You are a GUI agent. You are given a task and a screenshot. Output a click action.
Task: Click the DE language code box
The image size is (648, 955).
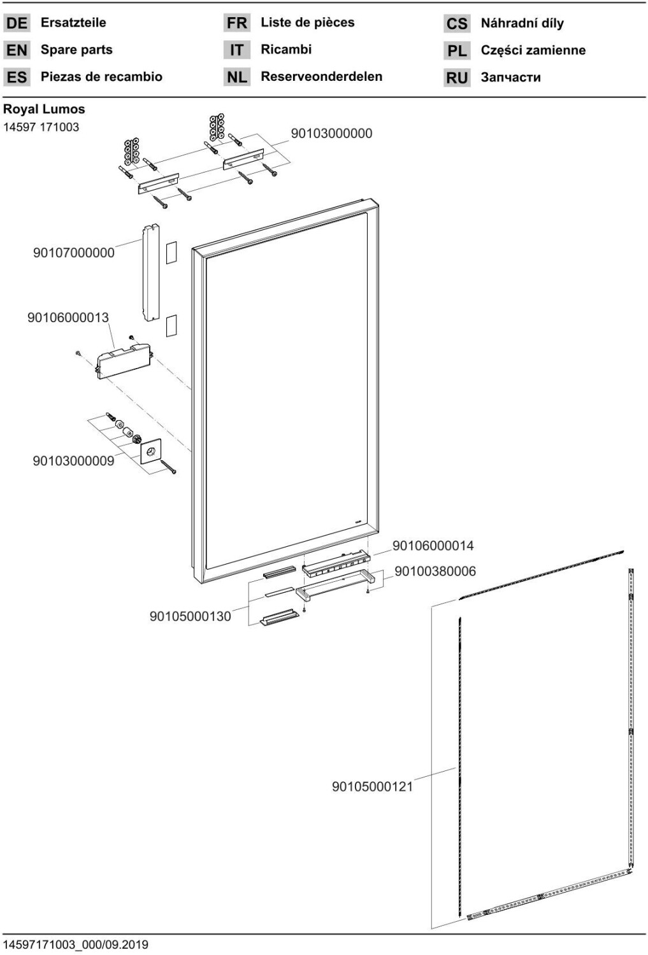17,24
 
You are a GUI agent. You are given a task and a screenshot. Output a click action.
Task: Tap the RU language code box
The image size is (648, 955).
457,78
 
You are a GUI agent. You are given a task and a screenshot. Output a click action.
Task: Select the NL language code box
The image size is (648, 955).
236,77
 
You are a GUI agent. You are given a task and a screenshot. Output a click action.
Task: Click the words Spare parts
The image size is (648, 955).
76,50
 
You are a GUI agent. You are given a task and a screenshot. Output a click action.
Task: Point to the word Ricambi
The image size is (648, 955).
286,49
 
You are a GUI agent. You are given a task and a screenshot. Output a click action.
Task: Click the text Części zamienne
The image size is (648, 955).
533,50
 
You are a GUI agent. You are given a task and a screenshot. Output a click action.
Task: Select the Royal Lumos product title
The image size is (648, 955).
44,109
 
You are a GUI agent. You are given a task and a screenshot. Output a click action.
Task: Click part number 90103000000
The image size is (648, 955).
331,134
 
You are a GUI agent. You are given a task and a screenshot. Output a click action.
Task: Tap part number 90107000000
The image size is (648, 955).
74,253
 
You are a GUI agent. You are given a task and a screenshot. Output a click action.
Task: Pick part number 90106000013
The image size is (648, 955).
68,317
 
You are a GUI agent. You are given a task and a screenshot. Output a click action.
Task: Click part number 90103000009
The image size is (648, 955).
73,461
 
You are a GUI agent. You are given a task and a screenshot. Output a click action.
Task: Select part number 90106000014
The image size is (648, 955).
433,546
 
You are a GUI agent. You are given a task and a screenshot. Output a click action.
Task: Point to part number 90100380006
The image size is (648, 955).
435,571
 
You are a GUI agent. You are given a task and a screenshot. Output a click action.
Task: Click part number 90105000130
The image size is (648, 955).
190,616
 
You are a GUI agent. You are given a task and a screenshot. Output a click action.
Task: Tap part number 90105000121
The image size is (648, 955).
372,786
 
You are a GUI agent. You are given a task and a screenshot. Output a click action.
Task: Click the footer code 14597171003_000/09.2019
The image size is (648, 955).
76,944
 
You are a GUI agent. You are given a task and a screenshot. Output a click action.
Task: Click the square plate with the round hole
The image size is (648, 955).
151,452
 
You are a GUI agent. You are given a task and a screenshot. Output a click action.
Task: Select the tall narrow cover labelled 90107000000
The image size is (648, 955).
150,272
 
